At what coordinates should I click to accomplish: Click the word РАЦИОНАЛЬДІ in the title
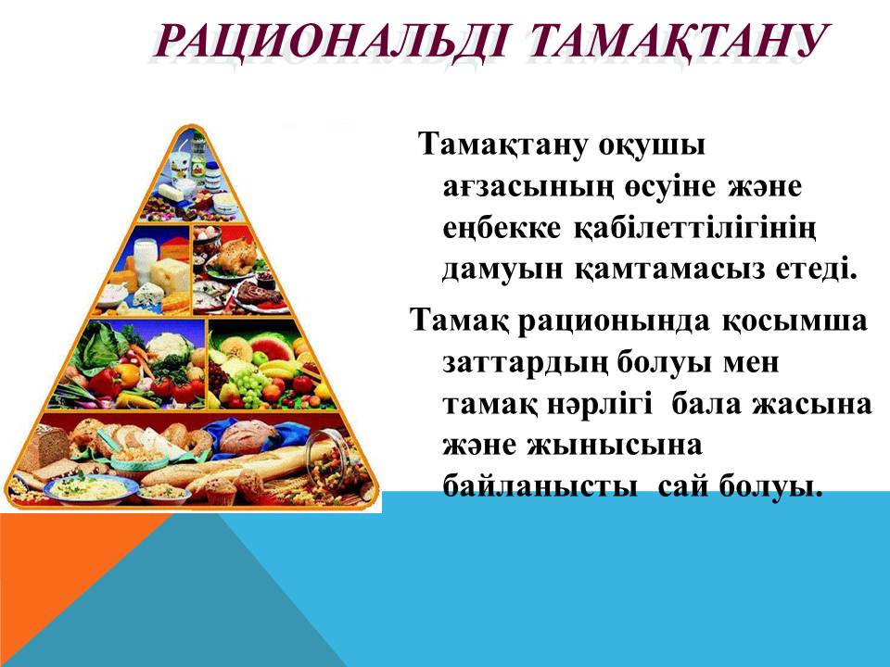tap(330, 42)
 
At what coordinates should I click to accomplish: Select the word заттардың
tap(524, 363)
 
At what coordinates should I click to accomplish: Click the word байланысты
tap(540, 486)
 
